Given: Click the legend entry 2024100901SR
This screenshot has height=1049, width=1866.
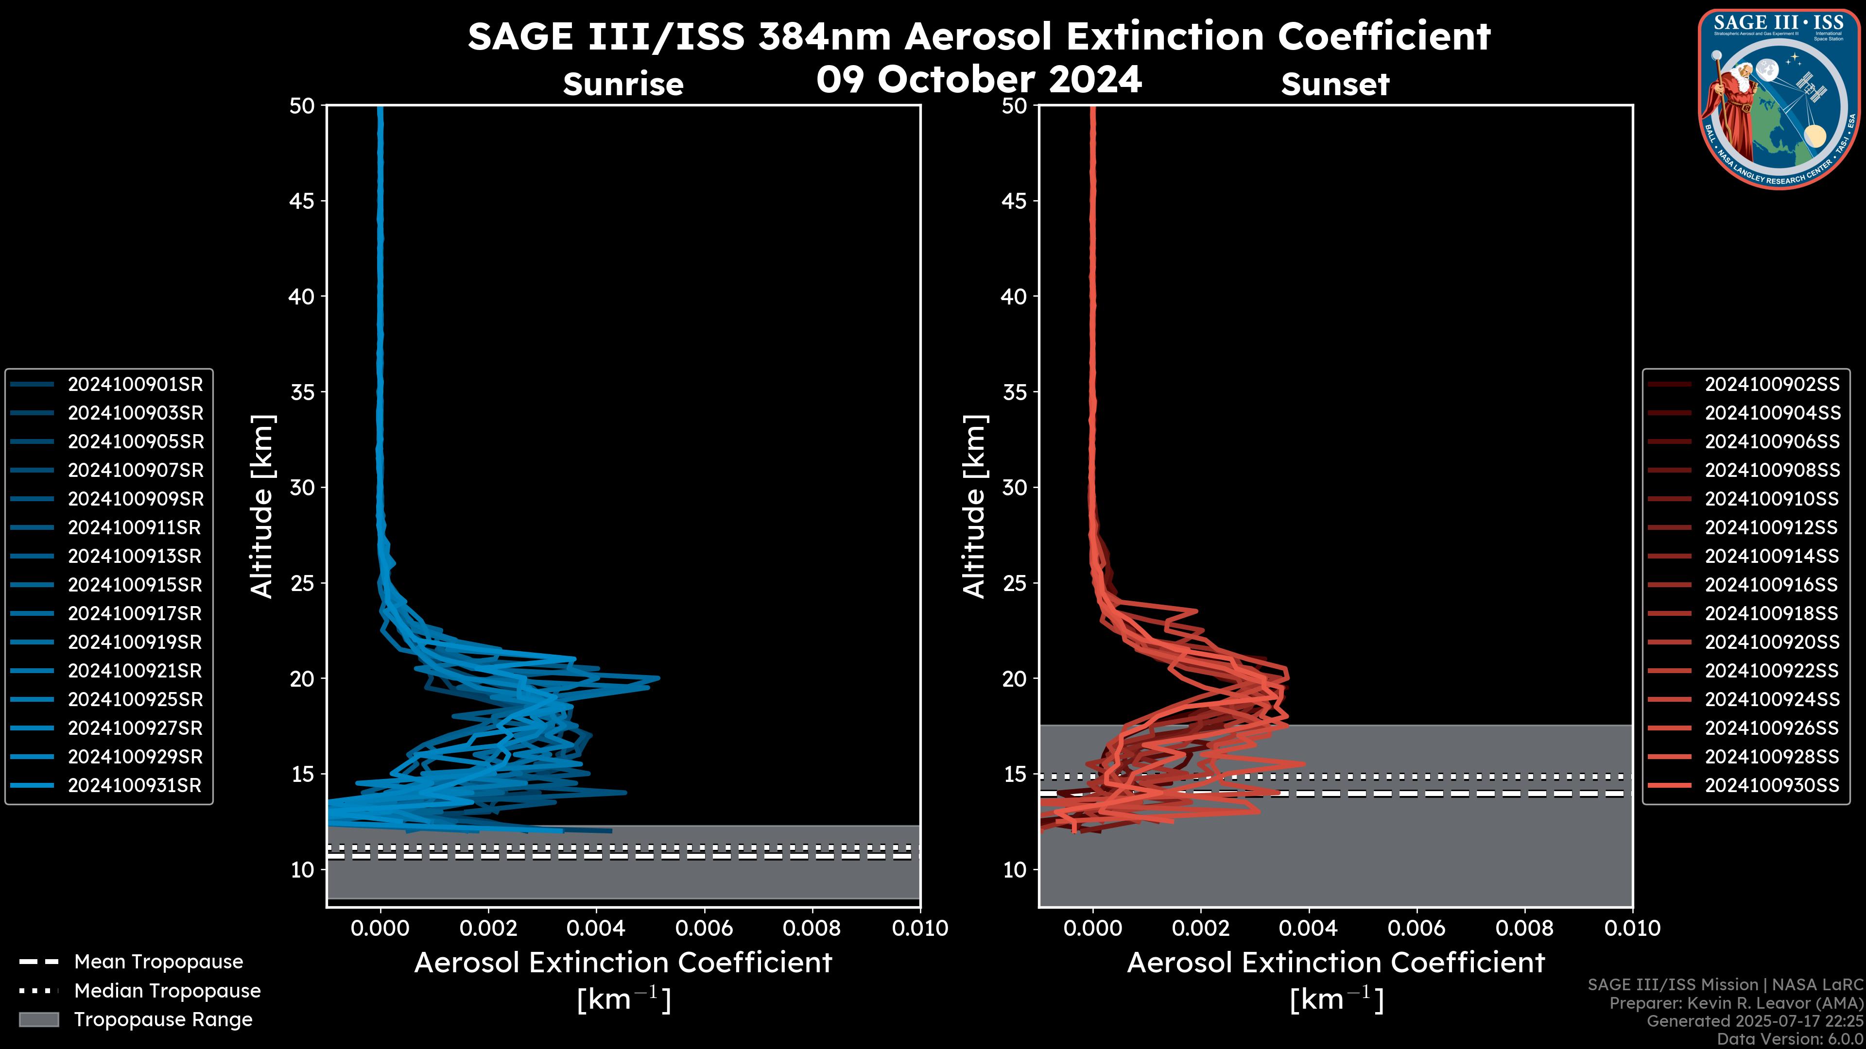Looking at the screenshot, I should tap(135, 385).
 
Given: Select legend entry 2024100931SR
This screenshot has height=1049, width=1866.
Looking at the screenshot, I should tap(135, 785).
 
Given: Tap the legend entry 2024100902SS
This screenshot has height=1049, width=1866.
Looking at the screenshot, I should tap(1772, 385).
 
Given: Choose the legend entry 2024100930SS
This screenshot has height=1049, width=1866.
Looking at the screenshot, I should tap(1772, 785).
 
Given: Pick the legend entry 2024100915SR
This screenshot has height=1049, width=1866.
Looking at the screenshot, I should tap(135, 585).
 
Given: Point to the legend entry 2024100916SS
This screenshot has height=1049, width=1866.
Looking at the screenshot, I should tap(1772, 585).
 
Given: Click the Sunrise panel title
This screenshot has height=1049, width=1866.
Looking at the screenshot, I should tap(623, 85).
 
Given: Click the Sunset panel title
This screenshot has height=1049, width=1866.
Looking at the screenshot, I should tap(1335, 85).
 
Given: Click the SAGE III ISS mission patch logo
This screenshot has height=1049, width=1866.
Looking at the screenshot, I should tap(1780, 99).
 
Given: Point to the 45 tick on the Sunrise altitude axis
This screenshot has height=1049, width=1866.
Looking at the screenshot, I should tap(302, 201).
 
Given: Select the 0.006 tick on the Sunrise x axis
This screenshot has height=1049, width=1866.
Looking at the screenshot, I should tap(704, 928).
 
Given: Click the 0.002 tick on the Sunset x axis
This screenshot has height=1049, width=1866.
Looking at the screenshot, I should tap(1200, 928).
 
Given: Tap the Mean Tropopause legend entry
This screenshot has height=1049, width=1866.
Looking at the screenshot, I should tap(158, 962).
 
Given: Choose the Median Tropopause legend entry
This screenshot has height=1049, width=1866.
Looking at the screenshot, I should tap(167, 991).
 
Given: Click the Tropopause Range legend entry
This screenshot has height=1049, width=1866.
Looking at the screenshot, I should tap(163, 1020).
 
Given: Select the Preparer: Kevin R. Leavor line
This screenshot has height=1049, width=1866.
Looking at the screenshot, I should tap(1736, 1003).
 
